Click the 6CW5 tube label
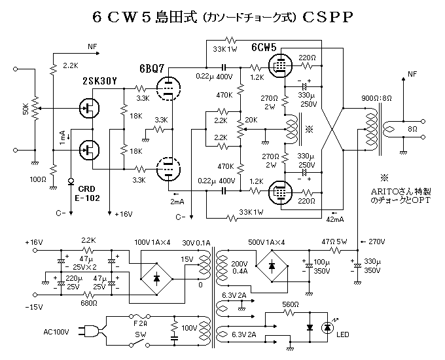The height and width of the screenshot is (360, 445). [264, 48]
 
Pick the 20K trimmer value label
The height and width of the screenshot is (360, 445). [252, 120]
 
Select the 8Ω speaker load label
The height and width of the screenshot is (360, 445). [412, 130]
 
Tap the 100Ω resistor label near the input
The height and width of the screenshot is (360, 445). [39, 179]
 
